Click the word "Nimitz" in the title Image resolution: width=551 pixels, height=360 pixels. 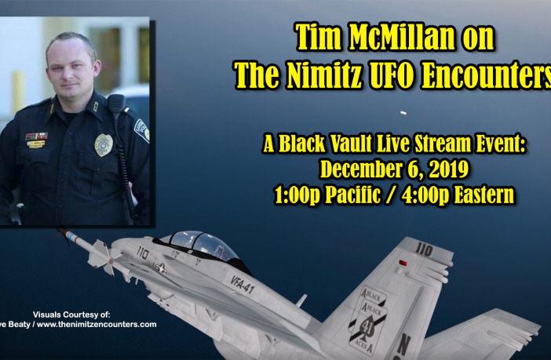pos(324,75)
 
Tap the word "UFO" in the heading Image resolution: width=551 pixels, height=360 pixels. pos(390,75)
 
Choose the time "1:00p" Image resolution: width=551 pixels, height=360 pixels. pos(297,195)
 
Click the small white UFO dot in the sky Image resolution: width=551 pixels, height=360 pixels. pos(403,113)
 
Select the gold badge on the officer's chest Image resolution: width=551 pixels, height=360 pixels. pos(104,144)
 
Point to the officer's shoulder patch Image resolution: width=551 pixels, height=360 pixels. pos(142,130)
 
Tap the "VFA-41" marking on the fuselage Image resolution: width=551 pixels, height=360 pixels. pos(243,284)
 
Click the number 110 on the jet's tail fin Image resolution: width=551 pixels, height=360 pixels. pos(424,250)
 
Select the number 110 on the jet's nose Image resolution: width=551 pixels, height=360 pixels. pos(143,252)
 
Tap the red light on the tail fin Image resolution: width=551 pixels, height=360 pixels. pos(403,263)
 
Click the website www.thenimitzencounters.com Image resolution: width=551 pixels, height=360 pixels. pos(97,325)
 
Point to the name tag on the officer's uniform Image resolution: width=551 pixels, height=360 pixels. pos(35,144)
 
